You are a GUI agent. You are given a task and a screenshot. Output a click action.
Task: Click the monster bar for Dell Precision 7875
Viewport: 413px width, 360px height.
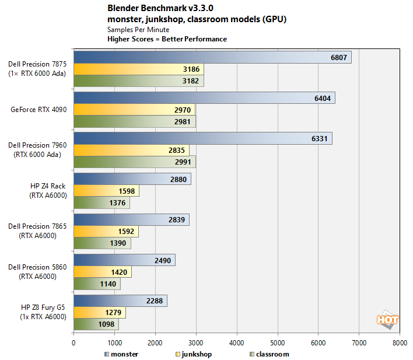pos(212,57)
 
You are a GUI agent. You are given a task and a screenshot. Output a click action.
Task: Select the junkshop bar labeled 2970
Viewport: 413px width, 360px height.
pos(134,109)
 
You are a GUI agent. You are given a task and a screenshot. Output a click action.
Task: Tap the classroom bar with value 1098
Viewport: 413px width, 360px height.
pos(96,324)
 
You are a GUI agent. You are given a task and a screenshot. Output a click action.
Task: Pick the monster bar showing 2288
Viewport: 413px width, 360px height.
pos(120,301)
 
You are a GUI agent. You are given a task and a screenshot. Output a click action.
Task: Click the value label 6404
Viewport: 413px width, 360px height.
pos(323,98)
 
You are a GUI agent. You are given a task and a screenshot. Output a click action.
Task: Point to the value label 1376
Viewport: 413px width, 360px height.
pos(117,202)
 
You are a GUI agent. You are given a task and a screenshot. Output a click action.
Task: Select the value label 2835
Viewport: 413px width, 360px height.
pos(176,150)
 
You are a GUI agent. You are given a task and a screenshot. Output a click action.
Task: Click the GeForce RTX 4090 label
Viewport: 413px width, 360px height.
pos(40,109)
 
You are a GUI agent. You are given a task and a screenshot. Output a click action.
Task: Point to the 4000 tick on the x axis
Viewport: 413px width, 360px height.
pos(236,343)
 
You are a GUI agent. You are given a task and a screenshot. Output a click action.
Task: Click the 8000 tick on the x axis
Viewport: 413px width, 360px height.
pos(400,343)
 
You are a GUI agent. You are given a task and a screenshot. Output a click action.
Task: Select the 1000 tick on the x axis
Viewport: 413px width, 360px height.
pos(114,343)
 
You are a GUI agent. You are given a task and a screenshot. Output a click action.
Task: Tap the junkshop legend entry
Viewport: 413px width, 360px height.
pos(195,354)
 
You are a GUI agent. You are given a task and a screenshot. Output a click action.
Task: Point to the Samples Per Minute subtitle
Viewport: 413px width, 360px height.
pos(138,29)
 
